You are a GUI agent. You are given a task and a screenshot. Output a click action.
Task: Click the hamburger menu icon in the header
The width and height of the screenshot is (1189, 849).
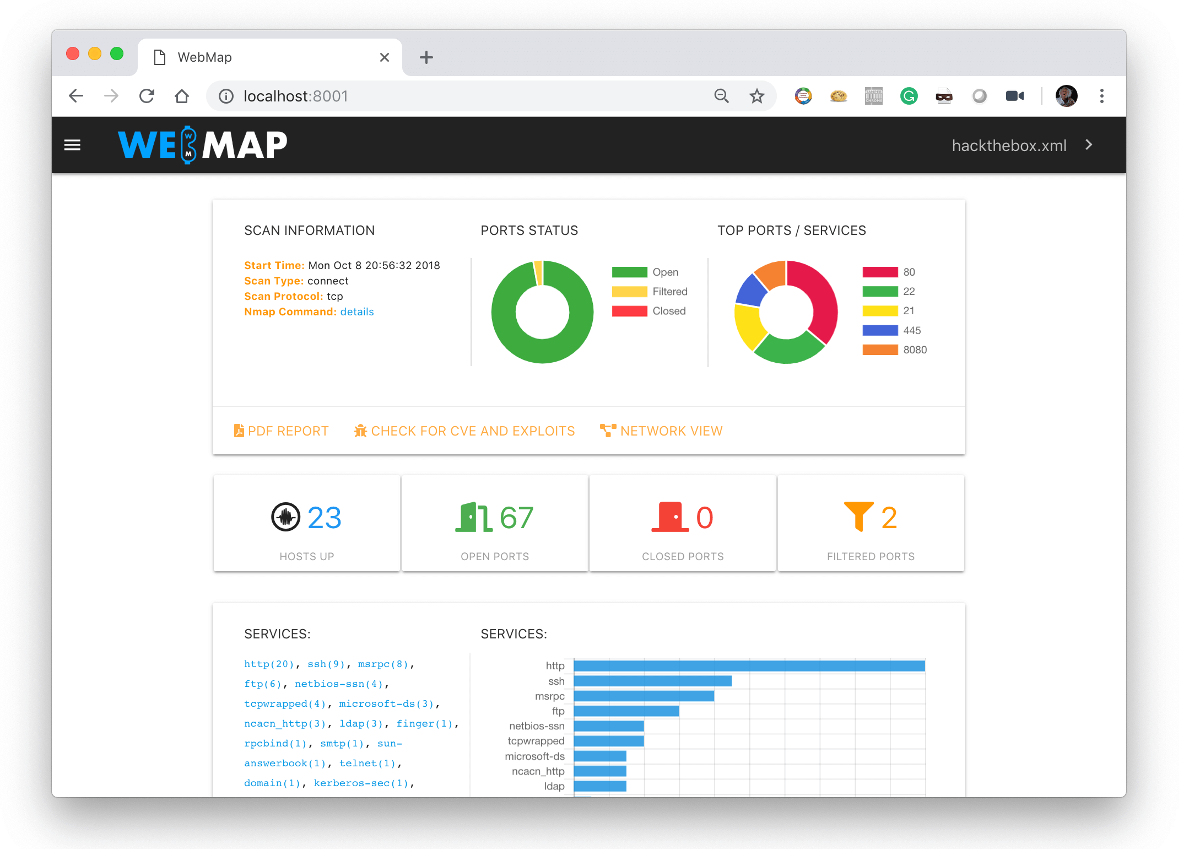click(x=72, y=145)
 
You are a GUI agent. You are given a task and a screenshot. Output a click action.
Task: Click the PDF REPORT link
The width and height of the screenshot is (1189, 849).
click(x=282, y=431)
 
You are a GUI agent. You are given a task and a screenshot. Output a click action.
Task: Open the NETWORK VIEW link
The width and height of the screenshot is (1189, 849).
click(x=661, y=431)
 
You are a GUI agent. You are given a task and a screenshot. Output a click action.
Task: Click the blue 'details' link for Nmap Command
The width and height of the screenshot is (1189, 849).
click(x=357, y=312)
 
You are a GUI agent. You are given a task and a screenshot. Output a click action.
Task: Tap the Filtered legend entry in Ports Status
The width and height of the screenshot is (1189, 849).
click(x=650, y=292)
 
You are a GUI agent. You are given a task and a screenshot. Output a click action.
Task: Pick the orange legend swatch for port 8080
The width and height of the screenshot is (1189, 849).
click(x=880, y=350)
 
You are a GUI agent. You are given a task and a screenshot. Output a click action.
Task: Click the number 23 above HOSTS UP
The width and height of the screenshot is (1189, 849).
click(x=324, y=518)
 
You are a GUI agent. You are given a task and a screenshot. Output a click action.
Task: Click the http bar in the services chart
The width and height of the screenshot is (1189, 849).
click(x=749, y=666)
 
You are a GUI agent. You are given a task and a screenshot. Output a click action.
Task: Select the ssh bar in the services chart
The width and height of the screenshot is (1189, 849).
click(x=652, y=681)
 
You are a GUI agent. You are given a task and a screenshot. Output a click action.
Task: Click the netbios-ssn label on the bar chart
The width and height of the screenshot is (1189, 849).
click(x=537, y=726)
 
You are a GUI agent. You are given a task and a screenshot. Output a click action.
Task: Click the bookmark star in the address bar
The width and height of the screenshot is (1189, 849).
click(x=757, y=96)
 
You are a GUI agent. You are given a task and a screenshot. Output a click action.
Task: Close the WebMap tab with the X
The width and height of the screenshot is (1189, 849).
click(x=385, y=57)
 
